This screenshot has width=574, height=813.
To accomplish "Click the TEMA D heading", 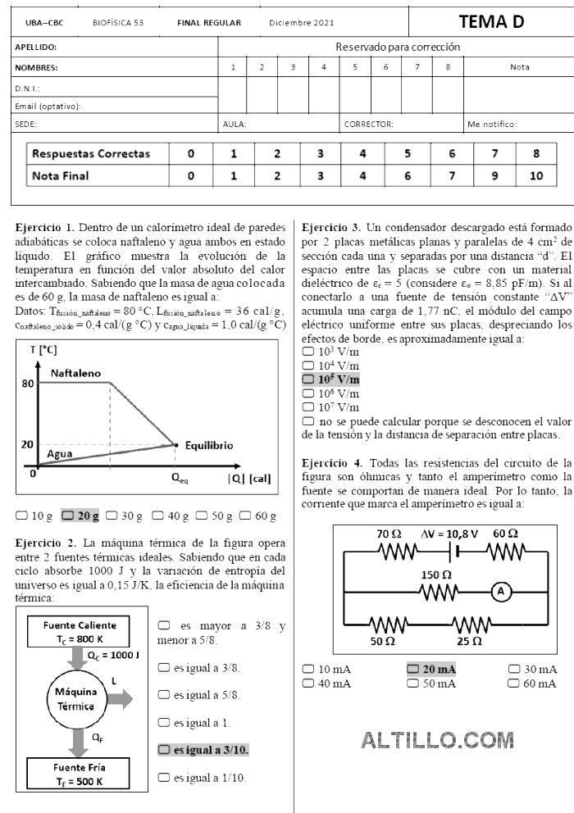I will pos(491,22).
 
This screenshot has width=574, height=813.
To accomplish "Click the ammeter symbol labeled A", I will pos(505,588).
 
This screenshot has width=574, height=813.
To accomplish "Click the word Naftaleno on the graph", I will pos(75,373).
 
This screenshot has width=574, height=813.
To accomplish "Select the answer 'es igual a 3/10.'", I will pos(164,749).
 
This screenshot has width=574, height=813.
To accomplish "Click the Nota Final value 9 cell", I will pos(494,175).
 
